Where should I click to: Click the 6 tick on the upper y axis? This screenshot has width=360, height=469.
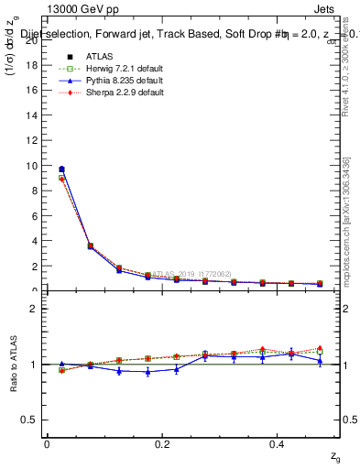34,216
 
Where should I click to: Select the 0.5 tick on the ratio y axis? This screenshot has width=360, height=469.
30,419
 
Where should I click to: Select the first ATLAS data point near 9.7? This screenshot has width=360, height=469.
61,169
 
